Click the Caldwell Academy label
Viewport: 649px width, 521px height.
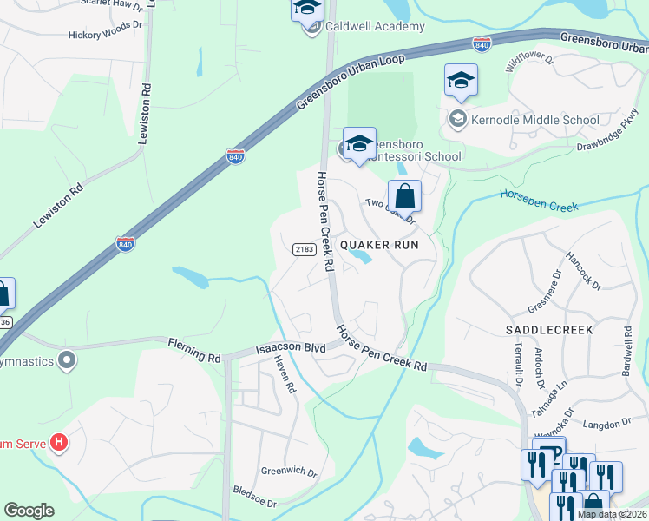click(x=376, y=26)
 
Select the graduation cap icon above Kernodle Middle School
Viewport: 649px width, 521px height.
click(x=461, y=82)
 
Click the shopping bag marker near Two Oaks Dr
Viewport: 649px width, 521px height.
click(x=404, y=197)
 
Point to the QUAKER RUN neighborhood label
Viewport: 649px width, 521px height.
click(x=379, y=245)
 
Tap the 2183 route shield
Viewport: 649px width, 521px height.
click(x=304, y=249)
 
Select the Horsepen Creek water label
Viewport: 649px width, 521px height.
click(x=538, y=198)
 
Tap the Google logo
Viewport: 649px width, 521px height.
click(x=29, y=511)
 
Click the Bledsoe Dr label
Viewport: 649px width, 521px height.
click(x=254, y=497)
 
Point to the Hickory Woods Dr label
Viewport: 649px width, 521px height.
click(x=106, y=26)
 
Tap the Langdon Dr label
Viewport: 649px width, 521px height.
click(x=607, y=423)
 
